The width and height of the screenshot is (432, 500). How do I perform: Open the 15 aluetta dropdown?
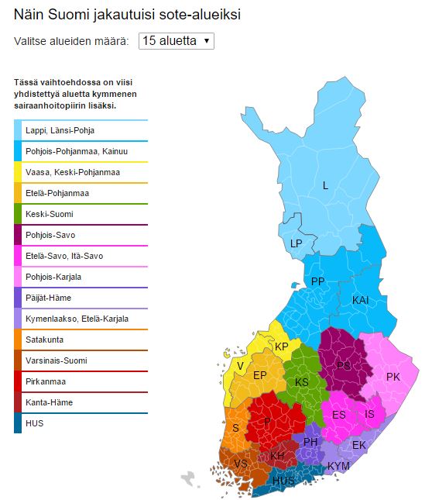coord(176,41)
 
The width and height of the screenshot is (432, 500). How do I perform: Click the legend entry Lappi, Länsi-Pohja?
coord(65,130)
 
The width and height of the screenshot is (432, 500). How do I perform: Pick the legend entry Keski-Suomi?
coord(48,214)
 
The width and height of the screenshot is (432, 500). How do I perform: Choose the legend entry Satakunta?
coord(44,340)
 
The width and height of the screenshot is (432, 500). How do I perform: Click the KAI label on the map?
coord(361,299)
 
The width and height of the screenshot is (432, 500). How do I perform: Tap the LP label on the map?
coord(296,243)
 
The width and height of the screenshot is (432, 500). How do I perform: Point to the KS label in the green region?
coord(301,382)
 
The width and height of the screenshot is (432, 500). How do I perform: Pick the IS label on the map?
coord(369,414)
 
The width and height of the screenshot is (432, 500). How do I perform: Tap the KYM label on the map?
coord(338,465)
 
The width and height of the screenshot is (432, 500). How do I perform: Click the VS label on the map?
coord(241,463)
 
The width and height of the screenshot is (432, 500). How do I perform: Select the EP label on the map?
coord(260,375)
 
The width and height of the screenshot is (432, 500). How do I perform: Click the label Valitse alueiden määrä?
coord(71,41)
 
